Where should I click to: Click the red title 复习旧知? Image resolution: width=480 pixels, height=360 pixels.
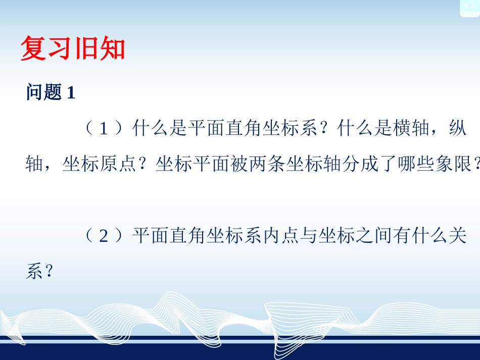(72, 49)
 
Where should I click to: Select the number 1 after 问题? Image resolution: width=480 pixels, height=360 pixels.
(71, 93)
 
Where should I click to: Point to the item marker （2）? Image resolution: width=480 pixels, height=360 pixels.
(103, 236)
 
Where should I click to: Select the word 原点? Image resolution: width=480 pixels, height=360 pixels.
(119, 165)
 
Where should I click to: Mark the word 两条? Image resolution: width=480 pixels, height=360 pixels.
(268, 165)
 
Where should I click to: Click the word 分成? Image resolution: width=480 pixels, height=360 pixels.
(361, 165)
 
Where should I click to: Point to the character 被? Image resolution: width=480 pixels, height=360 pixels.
(240, 165)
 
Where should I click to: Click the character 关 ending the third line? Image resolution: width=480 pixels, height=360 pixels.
(458, 236)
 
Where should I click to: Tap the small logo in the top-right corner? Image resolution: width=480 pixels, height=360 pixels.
(469, 8)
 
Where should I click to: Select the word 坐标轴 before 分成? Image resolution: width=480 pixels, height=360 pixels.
(314, 165)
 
